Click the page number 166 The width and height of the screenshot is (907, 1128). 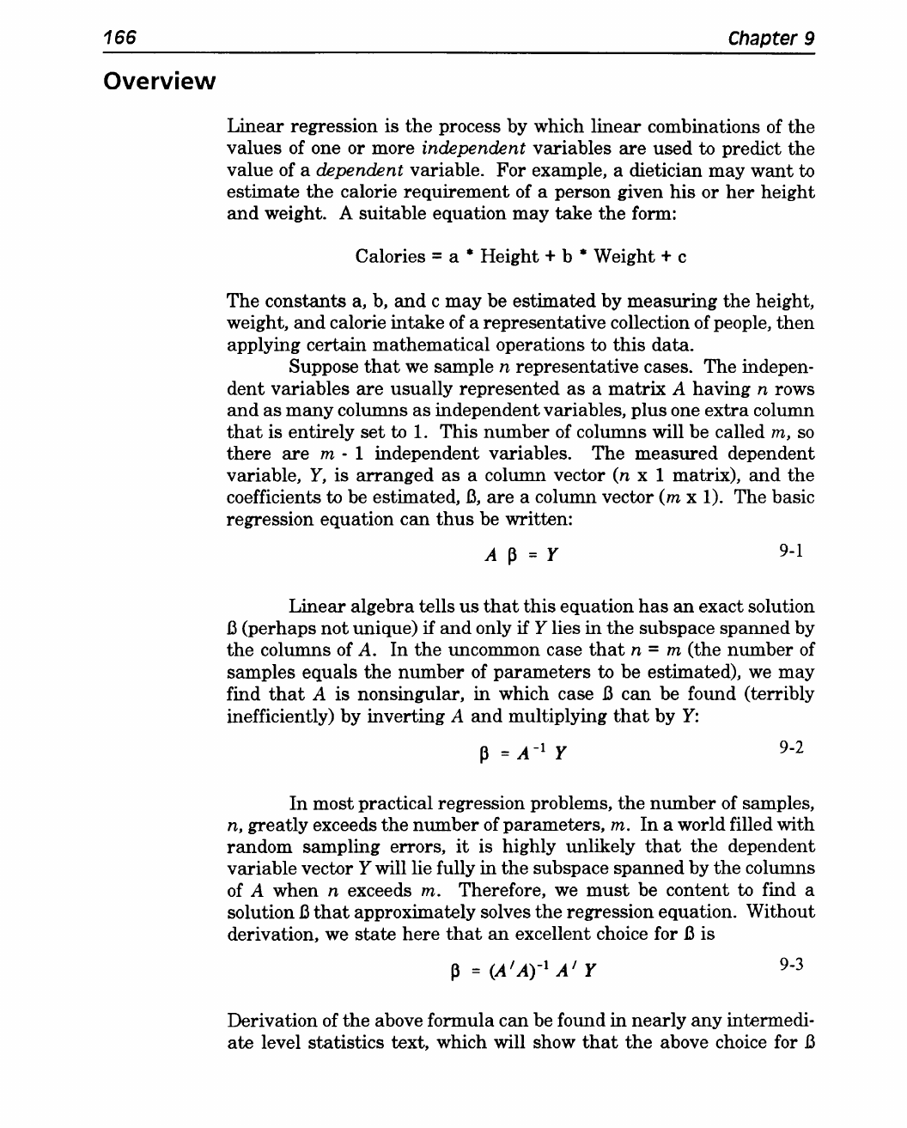point(120,39)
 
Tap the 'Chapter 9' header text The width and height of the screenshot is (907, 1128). point(770,39)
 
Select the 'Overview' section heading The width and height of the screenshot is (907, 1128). point(158,82)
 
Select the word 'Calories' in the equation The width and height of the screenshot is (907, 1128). point(390,257)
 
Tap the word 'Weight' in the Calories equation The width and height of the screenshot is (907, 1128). point(625,257)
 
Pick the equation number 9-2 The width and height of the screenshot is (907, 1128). point(791,747)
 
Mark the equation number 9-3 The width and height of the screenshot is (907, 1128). point(791,964)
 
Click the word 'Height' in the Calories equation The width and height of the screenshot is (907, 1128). point(512,257)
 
